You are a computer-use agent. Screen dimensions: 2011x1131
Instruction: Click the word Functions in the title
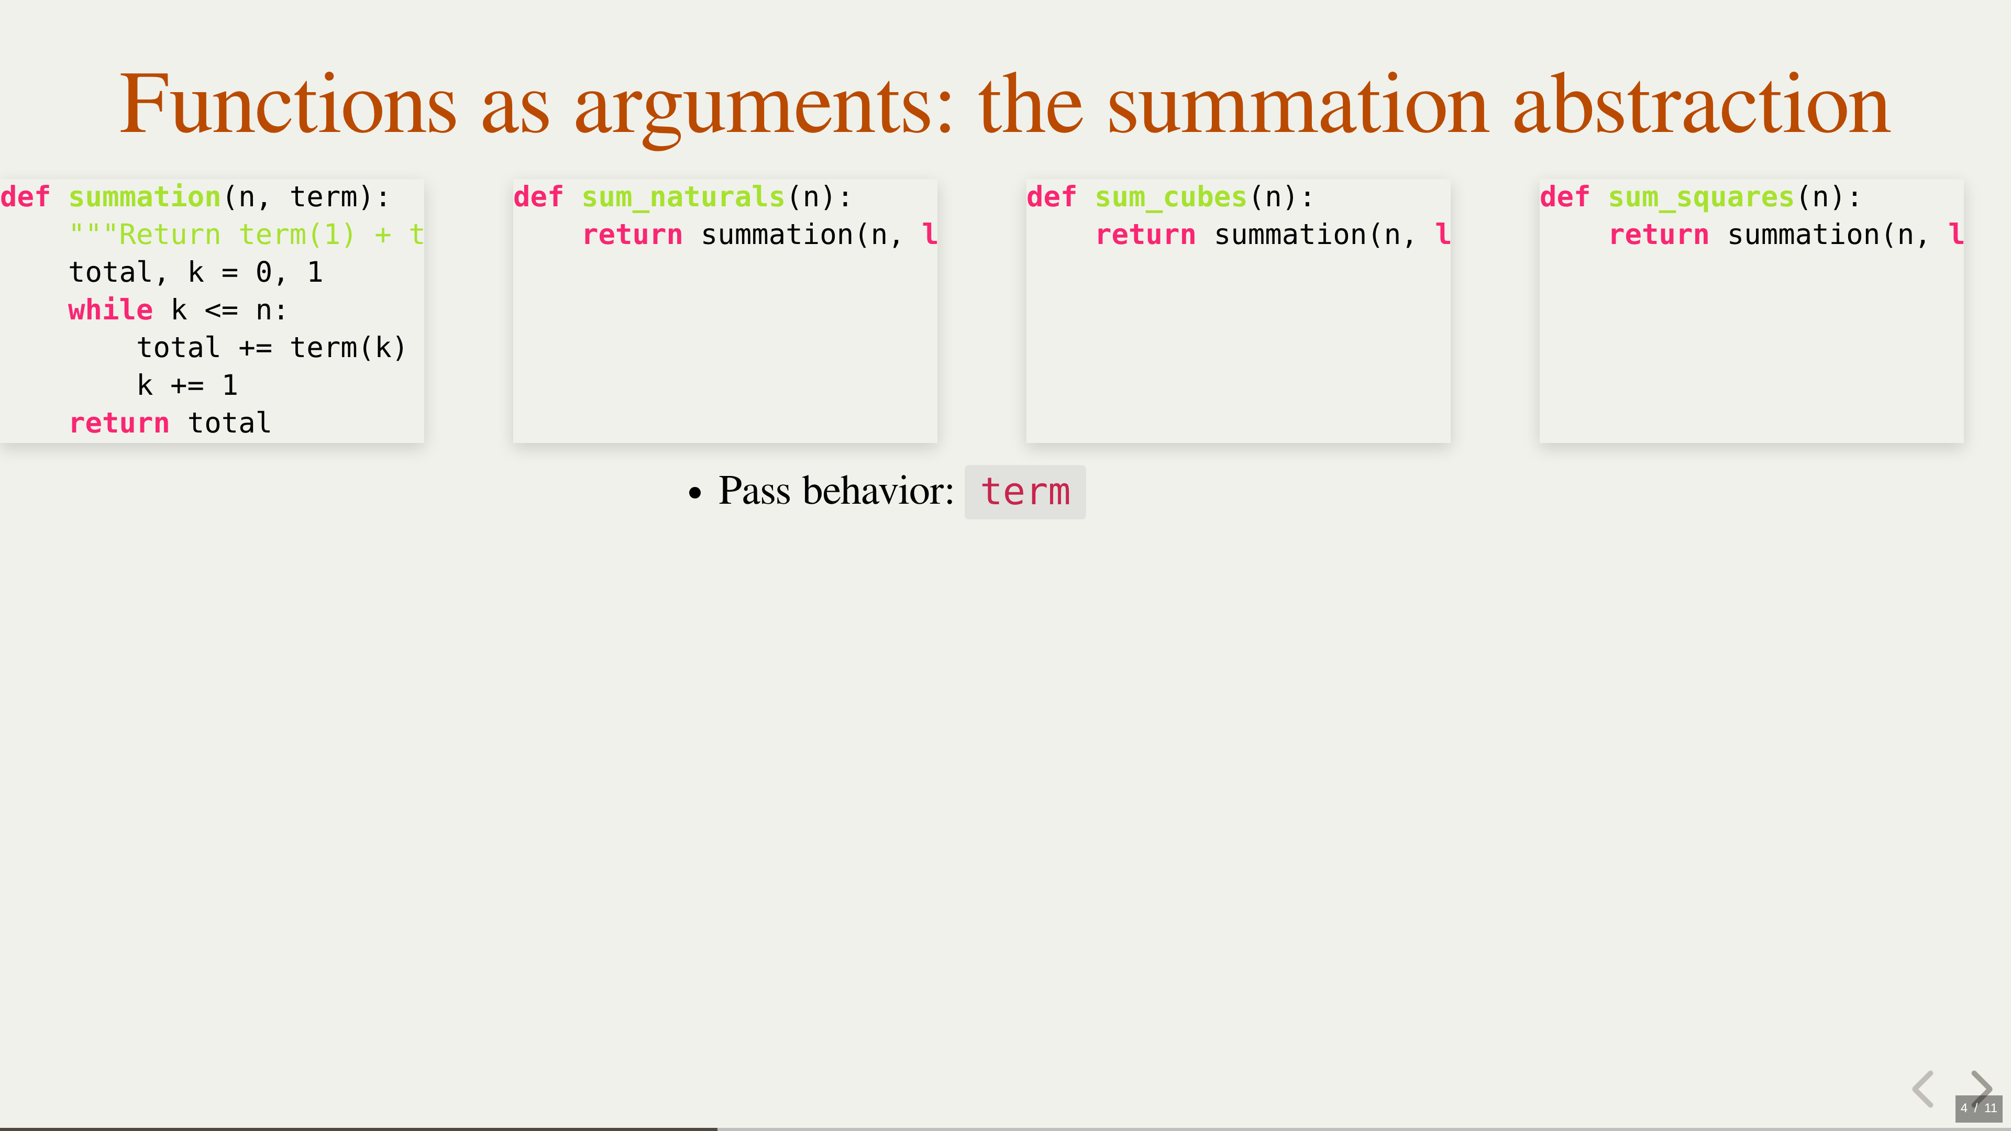pos(288,105)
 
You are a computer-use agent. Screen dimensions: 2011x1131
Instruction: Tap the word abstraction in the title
pos(1702,105)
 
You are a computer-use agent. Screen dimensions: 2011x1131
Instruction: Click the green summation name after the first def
pos(145,197)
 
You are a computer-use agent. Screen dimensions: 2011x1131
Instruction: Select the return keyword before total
pos(119,423)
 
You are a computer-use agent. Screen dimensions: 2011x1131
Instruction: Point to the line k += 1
pos(187,385)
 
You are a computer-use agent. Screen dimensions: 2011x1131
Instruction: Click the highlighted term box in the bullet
pos(1025,492)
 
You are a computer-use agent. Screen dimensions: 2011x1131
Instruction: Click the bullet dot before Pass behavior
pos(695,493)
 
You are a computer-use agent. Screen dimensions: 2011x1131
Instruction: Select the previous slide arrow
pos(1923,1089)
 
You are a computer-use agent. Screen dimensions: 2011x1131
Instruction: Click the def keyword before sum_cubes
pos(1052,197)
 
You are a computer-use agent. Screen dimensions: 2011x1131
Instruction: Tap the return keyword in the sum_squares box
pos(1659,236)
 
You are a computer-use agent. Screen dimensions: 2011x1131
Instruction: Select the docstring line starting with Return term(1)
pos(247,235)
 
